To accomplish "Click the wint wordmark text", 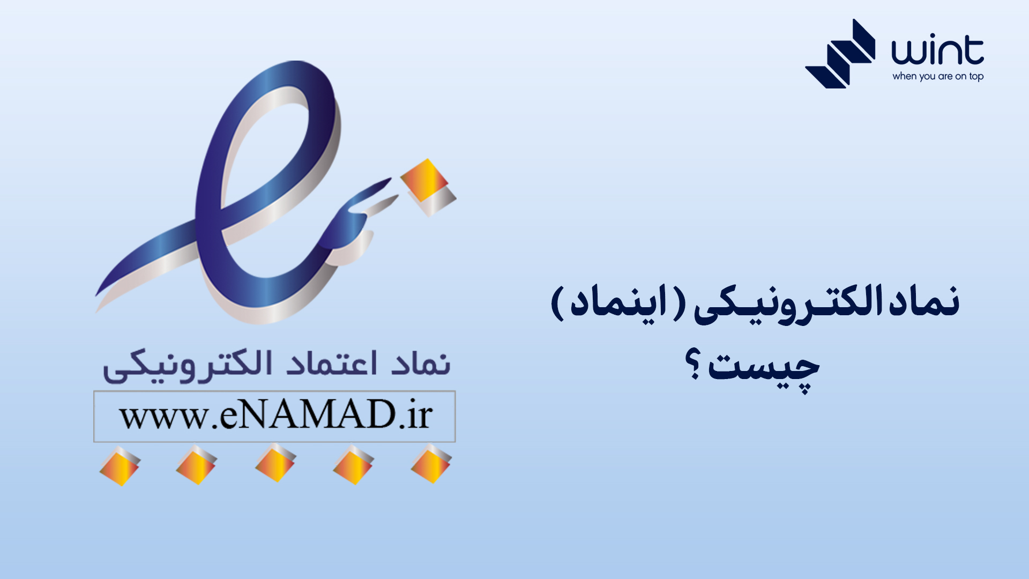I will (x=937, y=51).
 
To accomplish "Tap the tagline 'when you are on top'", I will (x=937, y=77).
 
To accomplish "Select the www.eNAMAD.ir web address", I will (x=275, y=416).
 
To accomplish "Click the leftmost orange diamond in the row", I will (x=120, y=466).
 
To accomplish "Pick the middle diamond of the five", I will (x=275, y=463).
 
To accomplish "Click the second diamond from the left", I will (x=196, y=465).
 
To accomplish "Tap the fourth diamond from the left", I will (x=353, y=464).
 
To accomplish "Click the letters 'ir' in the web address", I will (x=419, y=415).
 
